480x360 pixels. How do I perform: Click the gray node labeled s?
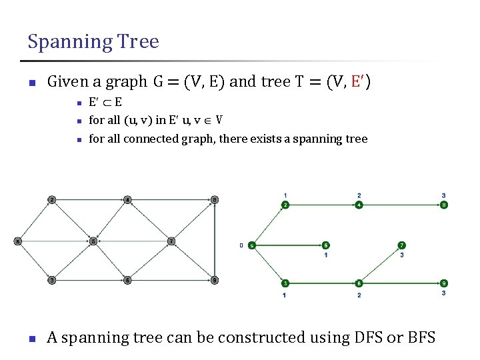[18, 241]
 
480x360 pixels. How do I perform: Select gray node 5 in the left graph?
[93, 241]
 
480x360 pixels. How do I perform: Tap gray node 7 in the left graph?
[171, 241]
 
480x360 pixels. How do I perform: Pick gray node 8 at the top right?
[214, 199]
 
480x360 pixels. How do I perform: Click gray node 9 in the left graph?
[214, 280]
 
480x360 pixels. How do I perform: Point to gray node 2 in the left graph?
[52, 199]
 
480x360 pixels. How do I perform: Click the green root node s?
[251, 245]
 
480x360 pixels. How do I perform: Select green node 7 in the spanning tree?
[401, 245]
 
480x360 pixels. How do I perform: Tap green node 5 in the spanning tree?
[325, 245]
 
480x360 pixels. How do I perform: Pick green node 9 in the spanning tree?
[444, 283]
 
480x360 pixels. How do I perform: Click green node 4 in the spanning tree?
[359, 205]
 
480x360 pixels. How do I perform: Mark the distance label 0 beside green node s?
[241, 245]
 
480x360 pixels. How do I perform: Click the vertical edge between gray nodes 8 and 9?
[214, 240]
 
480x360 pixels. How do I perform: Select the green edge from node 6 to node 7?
[380, 265]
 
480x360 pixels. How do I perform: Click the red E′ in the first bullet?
[358, 82]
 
